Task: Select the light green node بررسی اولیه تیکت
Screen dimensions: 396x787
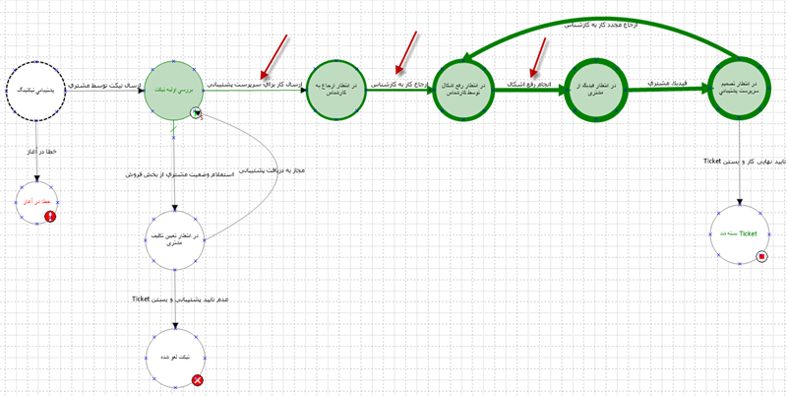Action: click(172, 89)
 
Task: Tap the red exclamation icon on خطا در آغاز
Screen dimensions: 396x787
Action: click(50, 217)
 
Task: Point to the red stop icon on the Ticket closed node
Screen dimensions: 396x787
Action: click(760, 257)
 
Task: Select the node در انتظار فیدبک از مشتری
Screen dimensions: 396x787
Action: click(598, 90)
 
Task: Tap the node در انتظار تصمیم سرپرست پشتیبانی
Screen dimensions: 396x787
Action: click(738, 89)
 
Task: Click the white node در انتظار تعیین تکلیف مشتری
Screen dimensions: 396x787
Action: click(175, 237)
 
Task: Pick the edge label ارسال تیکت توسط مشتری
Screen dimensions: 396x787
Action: click(104, 88)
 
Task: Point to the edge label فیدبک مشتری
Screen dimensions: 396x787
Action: click(668, 85)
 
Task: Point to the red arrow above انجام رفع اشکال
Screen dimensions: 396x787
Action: click(537, 56)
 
